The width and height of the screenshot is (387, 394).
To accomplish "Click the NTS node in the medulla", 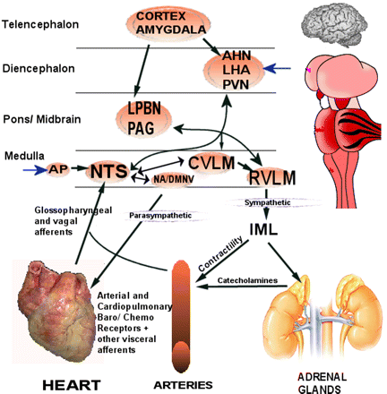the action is [x=108, y=171].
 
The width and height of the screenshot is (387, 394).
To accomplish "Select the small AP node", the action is [x=58, y=169].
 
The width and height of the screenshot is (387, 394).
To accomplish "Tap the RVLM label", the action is [x=272, y=177].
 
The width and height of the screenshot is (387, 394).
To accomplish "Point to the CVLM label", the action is [x=211, y=163].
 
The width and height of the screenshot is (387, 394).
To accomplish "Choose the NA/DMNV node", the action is [x=173, y=179].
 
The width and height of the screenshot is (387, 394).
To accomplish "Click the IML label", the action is [x=263, y=229].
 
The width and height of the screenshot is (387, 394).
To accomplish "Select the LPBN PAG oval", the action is [x=143, y=118].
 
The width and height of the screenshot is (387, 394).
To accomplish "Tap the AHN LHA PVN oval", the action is [x=234, y=71].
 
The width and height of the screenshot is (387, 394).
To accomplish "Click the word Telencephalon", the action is [x=40, y=24].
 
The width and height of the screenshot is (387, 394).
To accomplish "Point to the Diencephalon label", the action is [x=39, y=69].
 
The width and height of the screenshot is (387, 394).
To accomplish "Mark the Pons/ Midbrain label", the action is [x=42, y=119].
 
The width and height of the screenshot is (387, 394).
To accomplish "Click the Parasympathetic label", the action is [x=160, y=215].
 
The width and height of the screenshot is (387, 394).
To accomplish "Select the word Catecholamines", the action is [x=247, y=280].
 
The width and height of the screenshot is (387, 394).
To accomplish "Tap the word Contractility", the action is [x=220, y=253].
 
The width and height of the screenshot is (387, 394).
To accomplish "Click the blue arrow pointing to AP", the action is [x=35, y=170].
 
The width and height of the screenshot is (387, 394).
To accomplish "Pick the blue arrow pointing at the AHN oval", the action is [x=277, y=69].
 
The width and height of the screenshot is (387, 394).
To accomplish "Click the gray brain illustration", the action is [x=331, y=25].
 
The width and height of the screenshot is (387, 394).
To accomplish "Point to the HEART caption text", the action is [x=72, y=385].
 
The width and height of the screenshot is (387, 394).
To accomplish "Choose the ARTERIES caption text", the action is [x=183, y=385].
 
